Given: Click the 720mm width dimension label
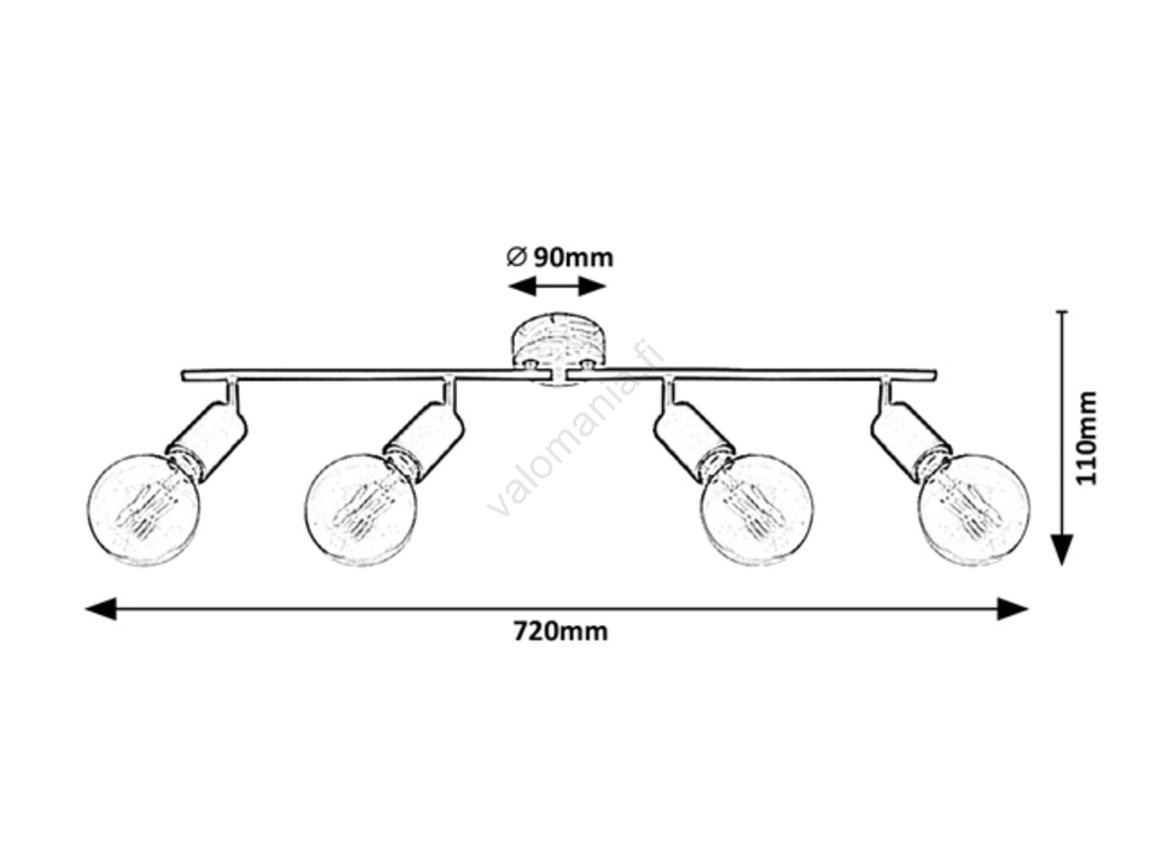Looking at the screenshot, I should [560, 631].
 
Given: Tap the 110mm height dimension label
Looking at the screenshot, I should [1086, 437].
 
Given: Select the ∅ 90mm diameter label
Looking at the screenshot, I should [560, 257].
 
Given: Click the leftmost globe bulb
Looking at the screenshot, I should [144, 510].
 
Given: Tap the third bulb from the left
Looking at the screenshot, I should [756, 510].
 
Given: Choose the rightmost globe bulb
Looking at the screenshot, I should [974, 510].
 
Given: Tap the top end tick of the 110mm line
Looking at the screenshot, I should [1061, 312].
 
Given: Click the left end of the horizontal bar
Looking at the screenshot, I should [187, 375].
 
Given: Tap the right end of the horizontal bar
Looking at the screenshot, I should [930, 375].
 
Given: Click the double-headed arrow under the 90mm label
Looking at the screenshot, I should [558, 286].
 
